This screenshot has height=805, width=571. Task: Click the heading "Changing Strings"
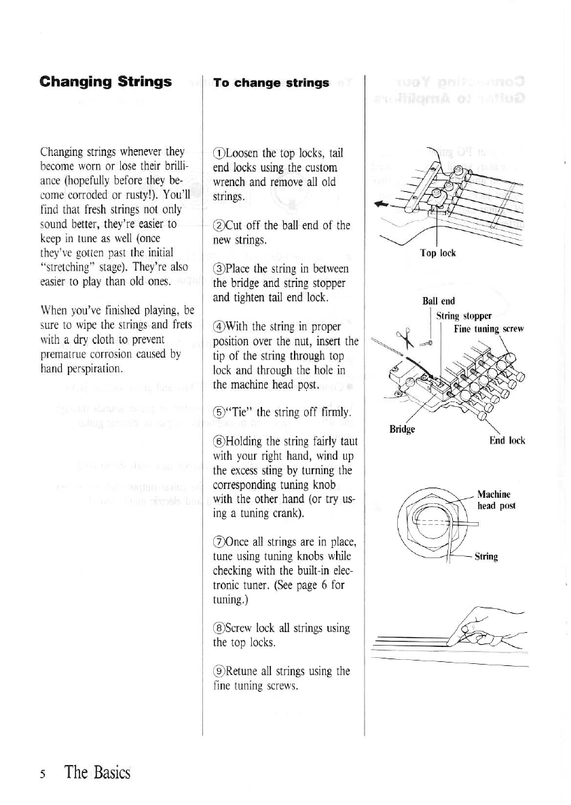point(105,82)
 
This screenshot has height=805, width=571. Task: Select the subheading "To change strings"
point(271,83)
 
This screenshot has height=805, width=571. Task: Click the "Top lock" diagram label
point(438,254)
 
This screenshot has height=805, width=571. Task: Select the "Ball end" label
point(438,301)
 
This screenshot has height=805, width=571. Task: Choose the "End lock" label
point(507,440)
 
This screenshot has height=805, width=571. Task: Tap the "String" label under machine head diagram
point(486,557)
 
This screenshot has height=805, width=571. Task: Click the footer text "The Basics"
point(97,772)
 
